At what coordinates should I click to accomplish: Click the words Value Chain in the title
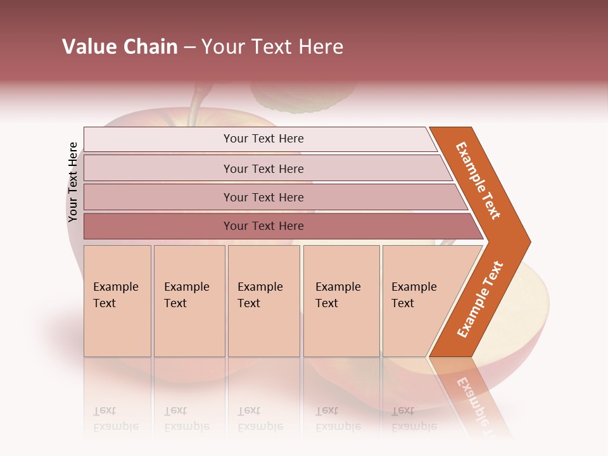[120, 47]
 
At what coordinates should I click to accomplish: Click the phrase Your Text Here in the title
[272, 47]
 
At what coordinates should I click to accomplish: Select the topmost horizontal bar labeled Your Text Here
[263, 139]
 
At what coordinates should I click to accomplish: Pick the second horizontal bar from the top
[263, 168]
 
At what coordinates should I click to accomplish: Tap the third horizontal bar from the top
[263, 197]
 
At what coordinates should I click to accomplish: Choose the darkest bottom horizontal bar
[263, 226]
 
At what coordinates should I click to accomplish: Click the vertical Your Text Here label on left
[73, 182]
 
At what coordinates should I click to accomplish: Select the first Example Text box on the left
[117, 301]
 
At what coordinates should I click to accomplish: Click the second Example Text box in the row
[189, 301]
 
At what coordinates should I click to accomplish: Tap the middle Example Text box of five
[263, 301]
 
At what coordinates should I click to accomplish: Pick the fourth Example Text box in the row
[341, 301]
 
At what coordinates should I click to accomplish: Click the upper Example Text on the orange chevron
[479, 180]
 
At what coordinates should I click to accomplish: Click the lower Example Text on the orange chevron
[480, 300]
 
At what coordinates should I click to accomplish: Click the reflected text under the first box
[116, 418]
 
